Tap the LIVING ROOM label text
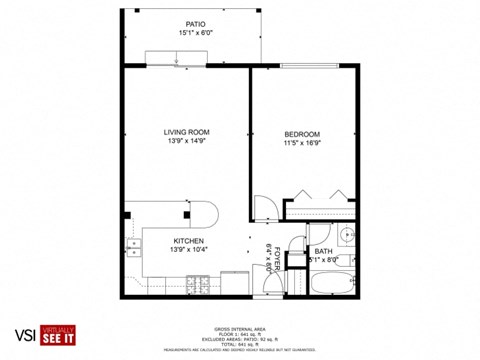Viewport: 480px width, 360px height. (x=186, y=132)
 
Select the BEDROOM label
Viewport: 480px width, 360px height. (x=301, y=134)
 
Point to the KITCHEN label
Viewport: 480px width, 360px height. (x=189, y=241)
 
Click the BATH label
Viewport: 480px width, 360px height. (x=323, y=251)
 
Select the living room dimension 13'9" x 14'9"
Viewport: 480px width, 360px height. (x=186, y=142)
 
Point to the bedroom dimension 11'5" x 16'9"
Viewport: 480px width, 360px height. (x=301, y=144)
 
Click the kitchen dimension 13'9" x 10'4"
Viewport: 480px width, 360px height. (x=189, y=251)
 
